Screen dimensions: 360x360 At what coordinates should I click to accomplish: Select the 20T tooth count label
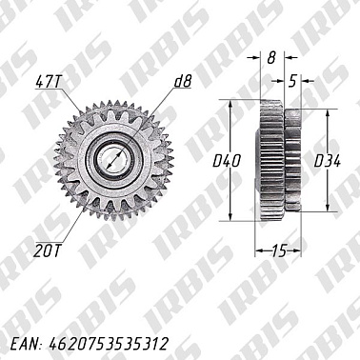pos(46,251)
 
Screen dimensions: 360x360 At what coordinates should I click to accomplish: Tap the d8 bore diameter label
pos(182,84)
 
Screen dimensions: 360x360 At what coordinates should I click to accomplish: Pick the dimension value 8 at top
pos(270,58)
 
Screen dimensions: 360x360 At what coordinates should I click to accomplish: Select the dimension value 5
pos(293,82)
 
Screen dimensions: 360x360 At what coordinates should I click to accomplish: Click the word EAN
pos(25,340)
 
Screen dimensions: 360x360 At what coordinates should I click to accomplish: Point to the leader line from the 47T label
pos(74,106)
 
